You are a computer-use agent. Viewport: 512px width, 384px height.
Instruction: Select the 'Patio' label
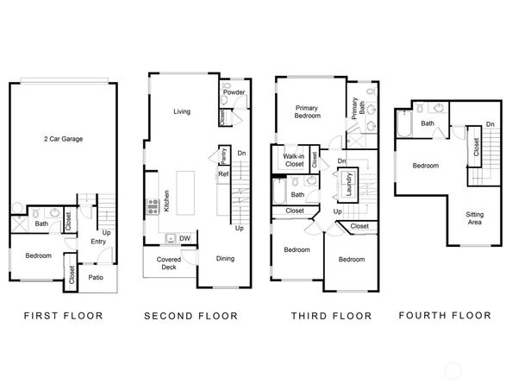pos(96,277)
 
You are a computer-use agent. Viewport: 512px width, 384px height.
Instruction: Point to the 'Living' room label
pos(182,111)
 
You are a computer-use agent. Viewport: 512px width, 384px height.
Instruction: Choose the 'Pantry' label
pos(222,157)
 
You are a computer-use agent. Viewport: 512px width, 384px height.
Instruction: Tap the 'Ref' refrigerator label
pos(222,174)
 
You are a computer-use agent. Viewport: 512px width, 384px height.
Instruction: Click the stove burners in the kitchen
pos(153,205)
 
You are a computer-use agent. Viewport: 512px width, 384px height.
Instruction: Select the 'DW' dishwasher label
pos(185,238)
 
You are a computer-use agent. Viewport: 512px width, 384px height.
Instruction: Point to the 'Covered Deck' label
pos(168,264)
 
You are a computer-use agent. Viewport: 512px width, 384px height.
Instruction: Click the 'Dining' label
pos(225,258)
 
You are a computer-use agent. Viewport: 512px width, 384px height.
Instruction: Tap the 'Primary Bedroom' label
pos(308,110)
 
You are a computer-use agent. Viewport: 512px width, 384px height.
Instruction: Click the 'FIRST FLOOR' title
pos(62,316)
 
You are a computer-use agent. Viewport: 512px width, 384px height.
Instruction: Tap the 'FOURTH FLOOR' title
pos(446,316)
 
